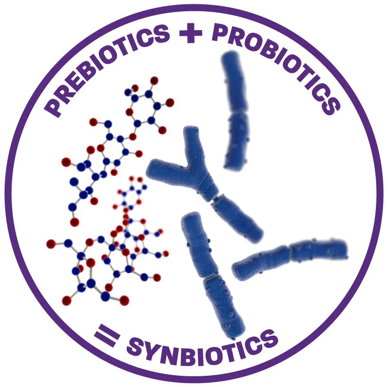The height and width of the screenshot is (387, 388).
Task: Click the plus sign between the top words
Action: point(191,34)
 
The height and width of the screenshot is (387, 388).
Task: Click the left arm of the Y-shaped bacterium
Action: point(166,170)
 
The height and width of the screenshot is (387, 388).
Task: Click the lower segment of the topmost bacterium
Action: point(236,140)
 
